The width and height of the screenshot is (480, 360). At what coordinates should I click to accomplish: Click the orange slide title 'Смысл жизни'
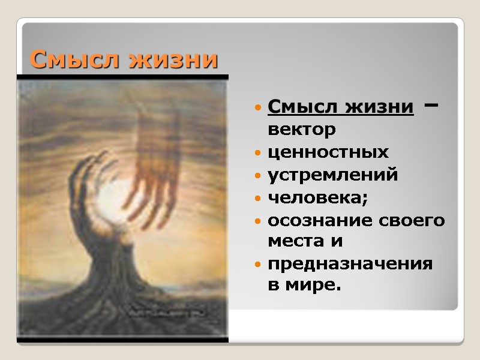(124, 60)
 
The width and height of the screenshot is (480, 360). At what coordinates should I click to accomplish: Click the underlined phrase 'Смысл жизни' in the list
(341, 107)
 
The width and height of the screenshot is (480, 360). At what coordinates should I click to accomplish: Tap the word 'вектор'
(301, 129)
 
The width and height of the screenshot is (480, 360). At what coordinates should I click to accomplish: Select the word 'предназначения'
(350, 264)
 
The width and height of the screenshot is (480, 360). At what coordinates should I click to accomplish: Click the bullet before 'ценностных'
(258, 154)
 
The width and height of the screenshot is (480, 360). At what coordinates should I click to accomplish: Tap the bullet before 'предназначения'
(258, 265)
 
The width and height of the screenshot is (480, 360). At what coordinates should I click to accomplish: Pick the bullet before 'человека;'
(258, 199)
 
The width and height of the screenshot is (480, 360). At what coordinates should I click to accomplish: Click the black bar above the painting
(123, 77)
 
